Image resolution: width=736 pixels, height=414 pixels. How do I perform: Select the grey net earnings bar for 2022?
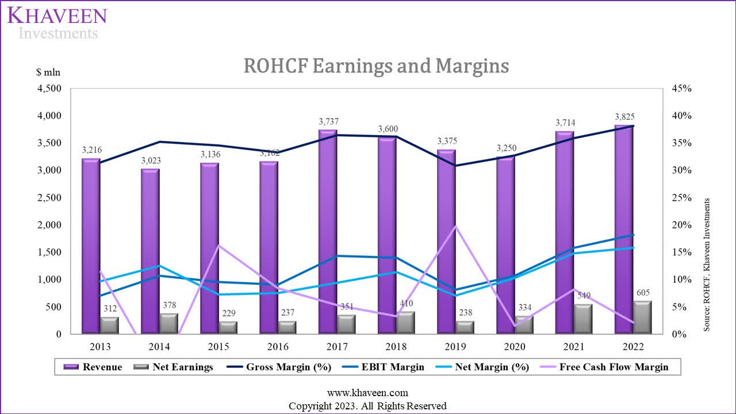[643, 317]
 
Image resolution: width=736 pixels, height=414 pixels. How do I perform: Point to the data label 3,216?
[91, 149]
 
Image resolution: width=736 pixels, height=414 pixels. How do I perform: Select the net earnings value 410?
[406, 303]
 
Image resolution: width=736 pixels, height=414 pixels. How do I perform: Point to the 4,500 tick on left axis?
[49, 89]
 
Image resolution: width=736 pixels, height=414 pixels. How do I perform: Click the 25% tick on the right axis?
[682, 198]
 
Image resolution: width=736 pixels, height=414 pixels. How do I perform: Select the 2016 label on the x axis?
[278, 347]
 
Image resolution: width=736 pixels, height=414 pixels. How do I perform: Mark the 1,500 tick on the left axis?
[49, 252]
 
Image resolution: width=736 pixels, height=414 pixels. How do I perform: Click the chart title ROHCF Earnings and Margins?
[376, 66]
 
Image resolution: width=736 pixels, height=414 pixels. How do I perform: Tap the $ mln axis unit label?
[48, 72]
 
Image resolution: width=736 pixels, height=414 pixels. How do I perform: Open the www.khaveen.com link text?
[367, 393]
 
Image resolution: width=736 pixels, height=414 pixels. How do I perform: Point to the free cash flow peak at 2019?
[455, 227]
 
